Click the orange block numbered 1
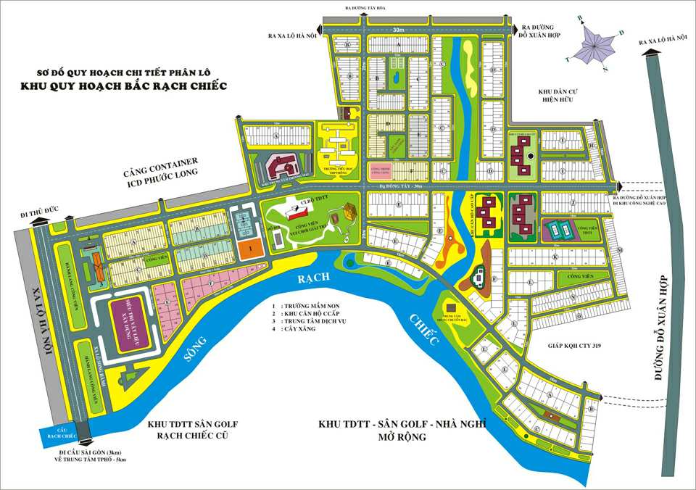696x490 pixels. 249,248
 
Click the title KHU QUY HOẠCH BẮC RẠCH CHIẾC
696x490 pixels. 124,86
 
